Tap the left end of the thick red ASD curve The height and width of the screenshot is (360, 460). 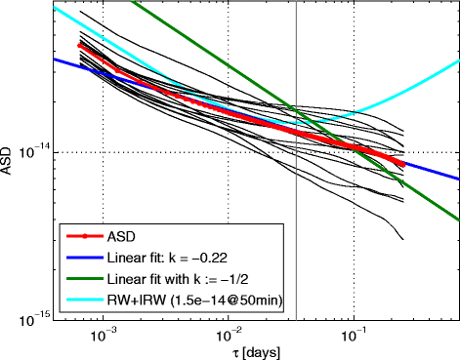tap(80, 45)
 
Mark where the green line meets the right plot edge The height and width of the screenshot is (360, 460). tap(458, 220)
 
